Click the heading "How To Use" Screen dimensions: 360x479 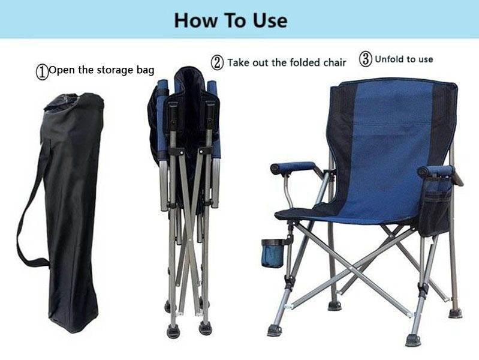pos(231,20)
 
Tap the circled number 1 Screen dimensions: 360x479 pos(42,71)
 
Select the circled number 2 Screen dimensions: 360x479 pos(217,62)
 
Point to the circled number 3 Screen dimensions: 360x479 pos(365,59)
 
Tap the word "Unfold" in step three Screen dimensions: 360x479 pos(388,59)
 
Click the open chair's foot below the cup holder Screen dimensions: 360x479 pos(275,330)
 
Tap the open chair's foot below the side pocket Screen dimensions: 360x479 pos(413,340)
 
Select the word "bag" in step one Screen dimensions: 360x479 pos(146,70)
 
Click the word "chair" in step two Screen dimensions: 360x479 pos(334,62)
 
